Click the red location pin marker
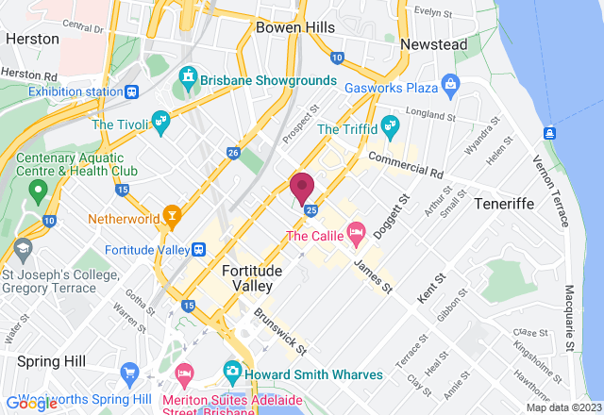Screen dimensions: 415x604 [302, 187]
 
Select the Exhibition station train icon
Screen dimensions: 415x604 [132, 91]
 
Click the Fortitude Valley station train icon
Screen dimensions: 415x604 [198, 249]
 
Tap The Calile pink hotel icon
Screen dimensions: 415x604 [357, 231]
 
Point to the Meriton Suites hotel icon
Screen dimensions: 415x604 [184, 375]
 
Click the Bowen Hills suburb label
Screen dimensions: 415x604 [295, 27]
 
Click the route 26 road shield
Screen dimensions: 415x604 [233, 152]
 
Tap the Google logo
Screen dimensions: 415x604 [31, 403]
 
